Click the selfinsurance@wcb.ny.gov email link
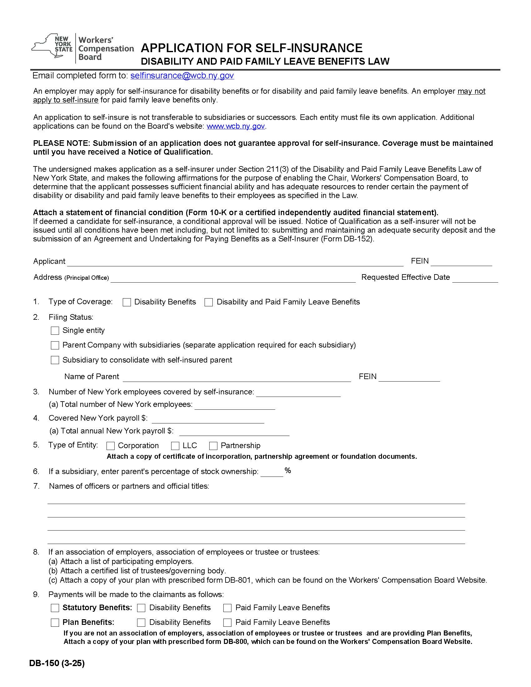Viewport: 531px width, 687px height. click(x=182, y=76)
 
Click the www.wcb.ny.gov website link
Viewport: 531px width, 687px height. click(x=236, y=126)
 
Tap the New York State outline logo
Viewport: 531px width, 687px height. click(x=52, y=47)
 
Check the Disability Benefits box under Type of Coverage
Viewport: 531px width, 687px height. click(x=127, y=302)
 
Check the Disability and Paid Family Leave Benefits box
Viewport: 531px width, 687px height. click(x=209, y=302)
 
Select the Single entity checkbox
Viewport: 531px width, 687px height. click(x=55, y=330)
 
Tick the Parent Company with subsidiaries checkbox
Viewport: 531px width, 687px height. click(x=55, y=345)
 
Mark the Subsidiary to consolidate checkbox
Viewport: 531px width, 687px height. click(x=55, y=360)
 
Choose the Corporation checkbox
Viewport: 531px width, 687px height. click(x=110, y=446)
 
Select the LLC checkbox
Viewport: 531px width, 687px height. click(x=175, y=446)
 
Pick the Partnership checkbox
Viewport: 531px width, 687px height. click(x=213, y=446)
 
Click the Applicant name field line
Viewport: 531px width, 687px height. click(x=235, y=262)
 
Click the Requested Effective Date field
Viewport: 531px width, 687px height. click(x=475, y=278)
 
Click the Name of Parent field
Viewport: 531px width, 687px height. click(x=236, y=377)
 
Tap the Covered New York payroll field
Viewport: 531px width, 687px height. click(x=208, y=419)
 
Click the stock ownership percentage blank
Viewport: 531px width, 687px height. click(x=272, y=472)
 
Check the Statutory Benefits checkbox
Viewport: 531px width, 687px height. click(x=55, y=608)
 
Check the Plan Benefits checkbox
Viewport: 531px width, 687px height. click(x=55, y=622)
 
